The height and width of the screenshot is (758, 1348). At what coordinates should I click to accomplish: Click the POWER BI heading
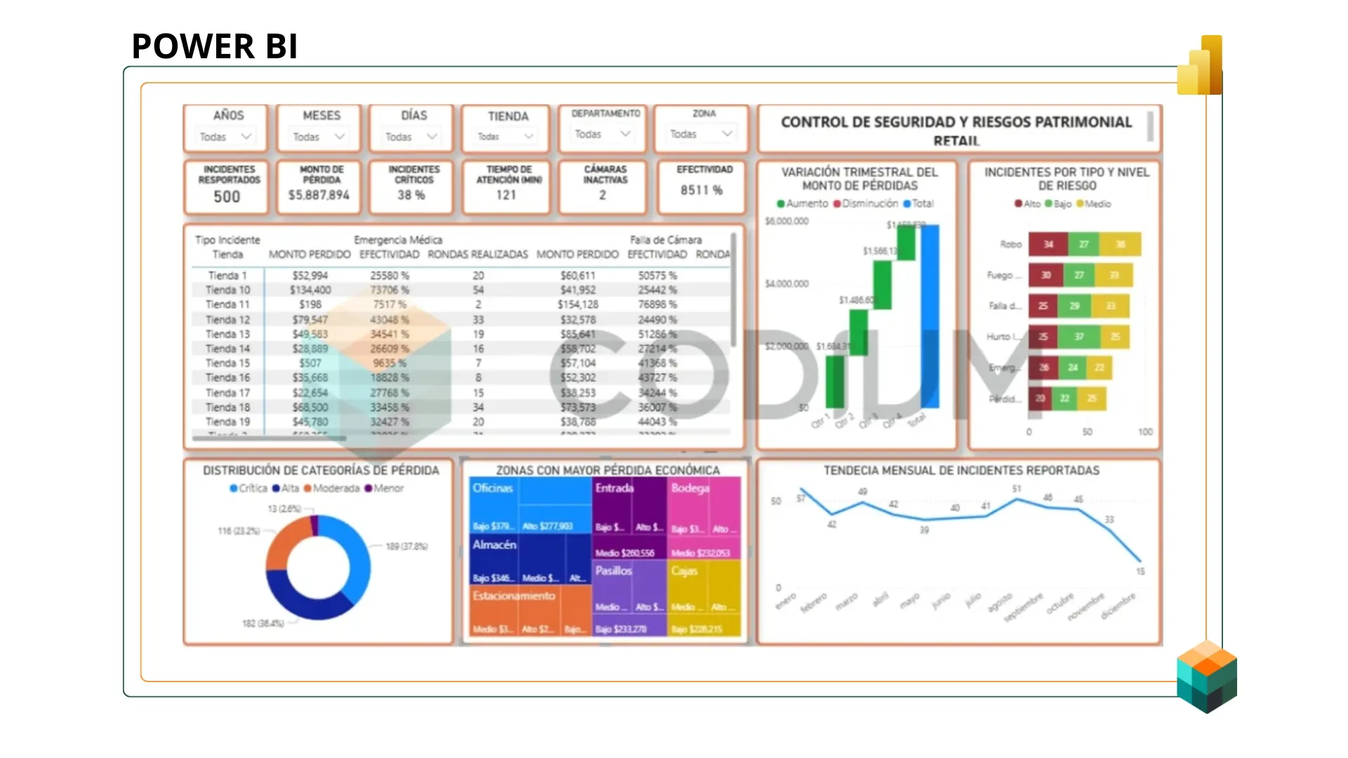(215, 46)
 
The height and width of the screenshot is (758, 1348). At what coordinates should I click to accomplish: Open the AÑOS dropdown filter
(226, 137)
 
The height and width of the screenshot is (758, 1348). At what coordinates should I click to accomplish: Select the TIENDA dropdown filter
(506, 137)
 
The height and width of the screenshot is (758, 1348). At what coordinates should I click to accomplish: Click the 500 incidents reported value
(227, 197)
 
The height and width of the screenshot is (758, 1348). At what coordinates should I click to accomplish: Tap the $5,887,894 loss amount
(319, 195)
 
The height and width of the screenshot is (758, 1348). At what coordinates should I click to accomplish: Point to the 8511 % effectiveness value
(701, 190)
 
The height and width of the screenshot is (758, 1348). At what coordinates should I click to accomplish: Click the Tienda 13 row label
(227, 334)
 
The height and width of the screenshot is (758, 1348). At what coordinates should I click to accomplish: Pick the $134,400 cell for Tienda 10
(310, 290)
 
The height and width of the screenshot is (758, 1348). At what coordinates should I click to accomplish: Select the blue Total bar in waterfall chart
(930, 316)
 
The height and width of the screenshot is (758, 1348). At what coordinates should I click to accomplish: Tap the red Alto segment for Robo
(1048, 244)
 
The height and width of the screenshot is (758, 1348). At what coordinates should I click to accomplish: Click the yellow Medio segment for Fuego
(1114, 275)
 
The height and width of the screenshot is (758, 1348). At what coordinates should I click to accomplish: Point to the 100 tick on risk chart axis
(1145, 432)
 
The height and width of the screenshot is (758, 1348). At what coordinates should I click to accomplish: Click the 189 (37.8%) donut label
(407, 546)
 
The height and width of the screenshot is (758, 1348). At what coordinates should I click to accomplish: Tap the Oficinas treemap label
(493, 488)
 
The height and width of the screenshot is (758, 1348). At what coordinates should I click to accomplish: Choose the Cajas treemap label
(685, 571)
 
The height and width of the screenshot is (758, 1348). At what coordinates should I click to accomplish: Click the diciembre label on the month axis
(1118, 606)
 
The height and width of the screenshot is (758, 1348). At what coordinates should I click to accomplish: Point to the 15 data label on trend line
(1140, 571)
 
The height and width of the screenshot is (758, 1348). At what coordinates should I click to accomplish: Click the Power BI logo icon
(1201, 66)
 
